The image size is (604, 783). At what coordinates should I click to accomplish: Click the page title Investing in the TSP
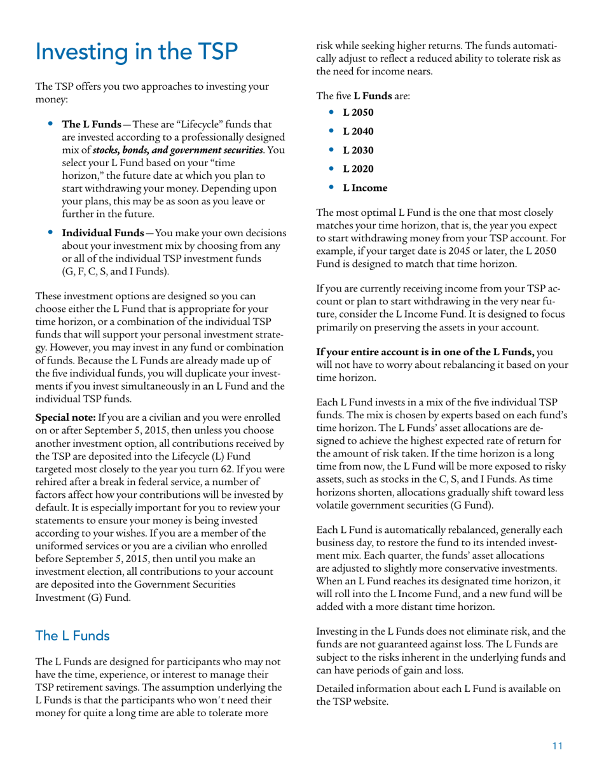pyautogui.click(x=137, y=53)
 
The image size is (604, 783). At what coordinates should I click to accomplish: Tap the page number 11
pyautogui.click(x=557, y=747)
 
